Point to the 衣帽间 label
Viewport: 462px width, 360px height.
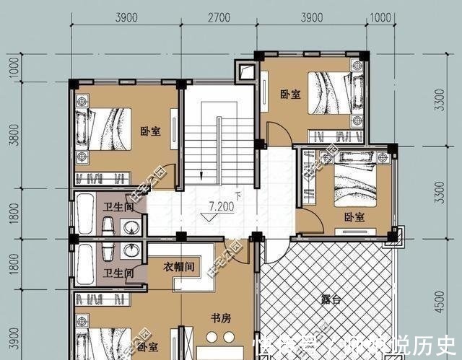(x=178, y=266)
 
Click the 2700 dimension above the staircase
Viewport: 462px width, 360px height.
(x=219, y=18)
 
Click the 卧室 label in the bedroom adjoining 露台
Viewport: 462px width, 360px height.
(x=354, y=217)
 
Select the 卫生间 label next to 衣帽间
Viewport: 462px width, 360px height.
(x=116, y=273)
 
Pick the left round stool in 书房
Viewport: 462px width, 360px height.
(x=212, y=337)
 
